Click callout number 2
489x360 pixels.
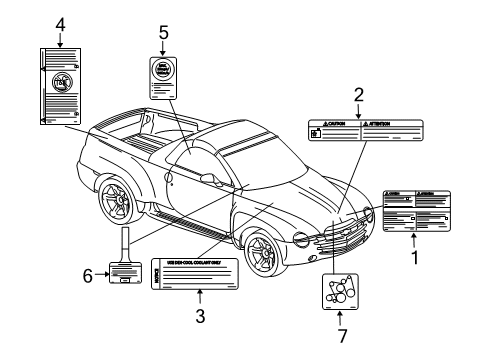pyautogui.click(x=358, y=96)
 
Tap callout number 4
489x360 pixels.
pyautogui.click(x=60, y=22)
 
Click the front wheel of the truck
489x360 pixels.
pyautogui.click(x=262, y=252)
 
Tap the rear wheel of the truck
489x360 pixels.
pyautogui.click(x=118, y=201)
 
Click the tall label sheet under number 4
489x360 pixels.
pyautogui.click(x=62, y=89)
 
